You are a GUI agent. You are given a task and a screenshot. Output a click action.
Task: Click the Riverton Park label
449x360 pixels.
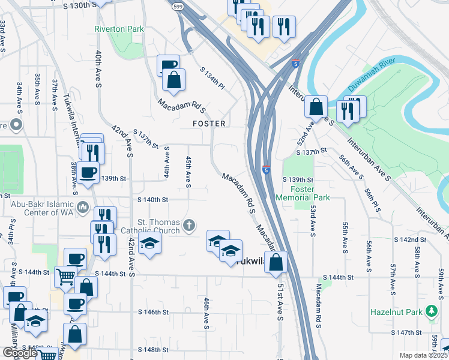tap(118, 28)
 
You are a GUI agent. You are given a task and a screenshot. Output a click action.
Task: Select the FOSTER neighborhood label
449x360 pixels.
tap(209, 124)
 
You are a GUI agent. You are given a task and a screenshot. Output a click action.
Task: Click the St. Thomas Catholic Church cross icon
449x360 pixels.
tap(189, 226)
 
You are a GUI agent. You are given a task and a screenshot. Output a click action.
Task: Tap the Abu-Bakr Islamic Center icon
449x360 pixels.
tap(83, 208)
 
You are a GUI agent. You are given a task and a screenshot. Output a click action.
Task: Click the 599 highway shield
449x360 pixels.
tap(178, 6)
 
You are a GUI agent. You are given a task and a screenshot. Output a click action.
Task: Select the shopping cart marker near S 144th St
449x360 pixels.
tap(65, 277)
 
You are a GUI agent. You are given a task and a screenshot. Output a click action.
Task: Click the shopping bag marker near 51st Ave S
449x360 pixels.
tap(276, 262)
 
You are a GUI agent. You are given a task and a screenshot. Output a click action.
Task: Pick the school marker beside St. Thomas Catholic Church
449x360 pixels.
tap(149, 243)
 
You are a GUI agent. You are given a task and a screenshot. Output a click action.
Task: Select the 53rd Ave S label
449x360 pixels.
tap(313, 218)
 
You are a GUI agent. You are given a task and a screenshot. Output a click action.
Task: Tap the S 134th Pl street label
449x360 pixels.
tap(212, 79)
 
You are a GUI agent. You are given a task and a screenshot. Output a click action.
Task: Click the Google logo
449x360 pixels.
tap(20, 353)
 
